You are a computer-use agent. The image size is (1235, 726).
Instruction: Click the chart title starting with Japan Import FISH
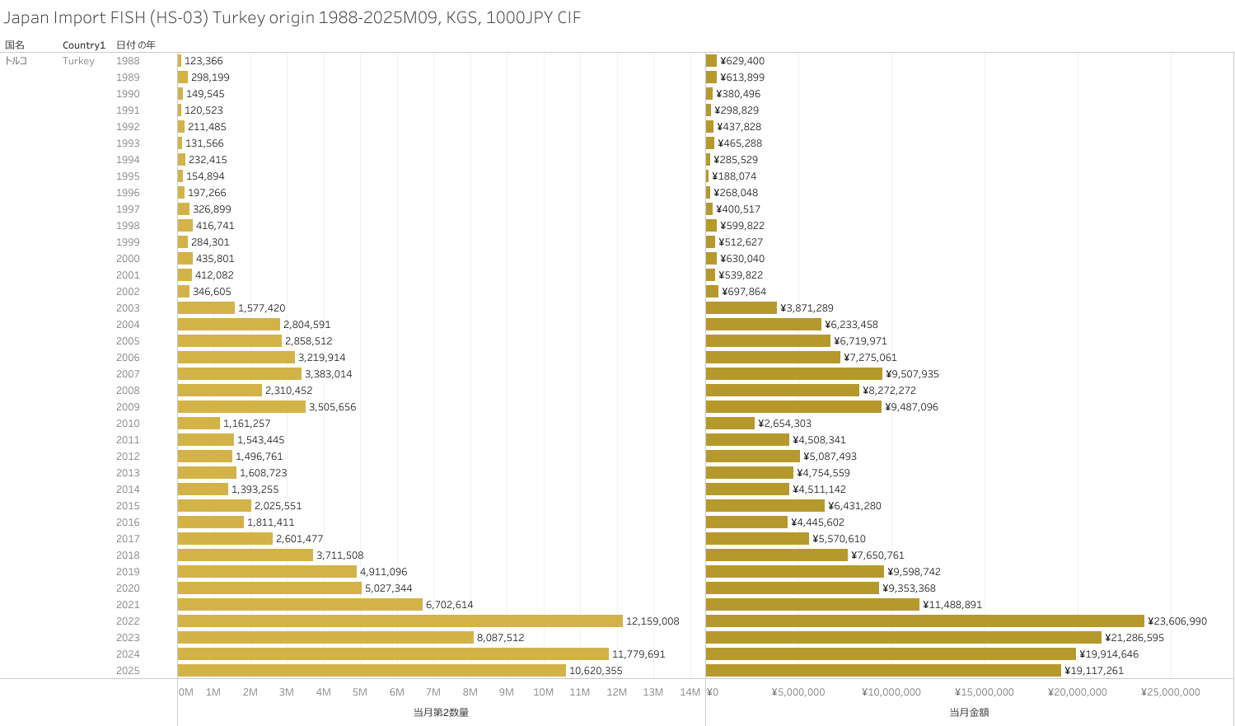click(x=292, y=18)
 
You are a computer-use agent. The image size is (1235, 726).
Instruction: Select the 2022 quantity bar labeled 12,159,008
click(x=400, y=621)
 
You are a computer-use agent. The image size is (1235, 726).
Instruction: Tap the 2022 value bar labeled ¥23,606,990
click(x=924, y=621)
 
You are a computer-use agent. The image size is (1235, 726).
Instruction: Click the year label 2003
click(x=128, y=308)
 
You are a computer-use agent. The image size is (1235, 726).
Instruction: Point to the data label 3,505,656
click(x=332, y=407)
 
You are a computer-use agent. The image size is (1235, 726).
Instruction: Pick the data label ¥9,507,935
click(x=912, y=374)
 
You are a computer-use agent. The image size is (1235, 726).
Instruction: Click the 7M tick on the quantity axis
click(x=433, y=692)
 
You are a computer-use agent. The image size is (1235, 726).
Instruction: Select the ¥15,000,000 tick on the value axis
click(x=985, y=692)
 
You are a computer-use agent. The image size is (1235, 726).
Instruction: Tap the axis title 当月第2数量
click(x=441, y=712)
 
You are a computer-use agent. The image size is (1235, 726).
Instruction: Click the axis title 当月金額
click(x=969, y=712)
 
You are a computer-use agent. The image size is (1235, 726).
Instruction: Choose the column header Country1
click(x=84, y=45)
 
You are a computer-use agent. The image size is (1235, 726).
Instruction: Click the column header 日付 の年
click(x=136, y=45)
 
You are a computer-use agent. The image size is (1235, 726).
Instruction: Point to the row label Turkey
click(x=78, y=61)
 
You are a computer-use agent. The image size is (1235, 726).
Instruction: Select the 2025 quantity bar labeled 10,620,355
click(x=372, y=671)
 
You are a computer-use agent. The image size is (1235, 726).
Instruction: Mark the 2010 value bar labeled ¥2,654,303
click(x=730, y=424)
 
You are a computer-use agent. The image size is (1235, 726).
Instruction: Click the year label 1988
click(x=128, y=61)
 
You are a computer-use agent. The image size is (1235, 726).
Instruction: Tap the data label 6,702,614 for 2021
click(x=449, y=605)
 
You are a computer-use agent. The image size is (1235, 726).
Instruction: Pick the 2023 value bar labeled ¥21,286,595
click(x=903, y=638)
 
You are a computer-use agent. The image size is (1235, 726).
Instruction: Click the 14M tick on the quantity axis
click(x=690, y=692)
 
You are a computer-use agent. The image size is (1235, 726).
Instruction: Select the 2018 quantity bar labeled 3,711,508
click(x=246, y=555)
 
